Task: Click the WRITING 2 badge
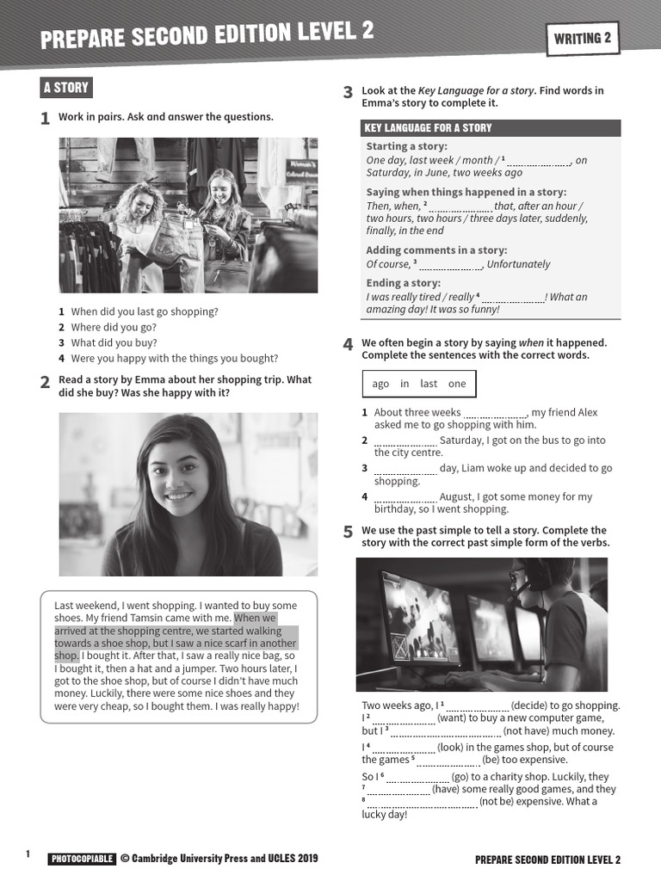(582, 38)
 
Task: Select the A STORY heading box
(66, 88)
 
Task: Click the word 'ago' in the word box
(380, 384)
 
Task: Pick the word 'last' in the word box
(429, 384)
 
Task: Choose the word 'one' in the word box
(457, 384)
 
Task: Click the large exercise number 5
(348, 533)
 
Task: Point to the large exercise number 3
(348, 93)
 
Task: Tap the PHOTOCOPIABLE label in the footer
(82, 859)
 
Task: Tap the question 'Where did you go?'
(114, 327)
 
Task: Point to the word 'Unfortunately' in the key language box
(518, 264)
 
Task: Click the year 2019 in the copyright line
(305, 858)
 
